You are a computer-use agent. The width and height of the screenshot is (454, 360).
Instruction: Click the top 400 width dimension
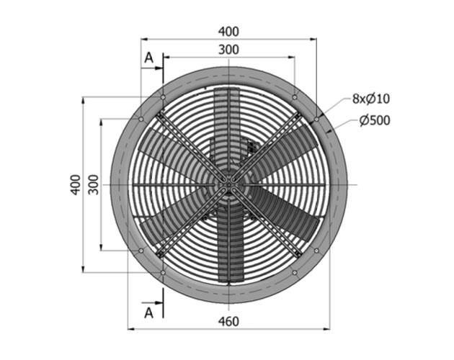[228, 31]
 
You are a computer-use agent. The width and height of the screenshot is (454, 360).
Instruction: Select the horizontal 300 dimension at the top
[228, 50]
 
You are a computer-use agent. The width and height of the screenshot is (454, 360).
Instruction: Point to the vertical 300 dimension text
[92, 185]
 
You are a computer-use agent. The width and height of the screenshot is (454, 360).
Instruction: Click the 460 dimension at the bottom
[228, 321]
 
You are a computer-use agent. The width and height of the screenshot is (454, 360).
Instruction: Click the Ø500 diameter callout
[375, 120]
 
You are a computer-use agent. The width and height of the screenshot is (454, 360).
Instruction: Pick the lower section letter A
[148, 312]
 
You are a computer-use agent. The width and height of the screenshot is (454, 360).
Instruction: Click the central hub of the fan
[228, 185]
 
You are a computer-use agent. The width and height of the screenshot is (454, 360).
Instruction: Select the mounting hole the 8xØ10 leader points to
[317, 119]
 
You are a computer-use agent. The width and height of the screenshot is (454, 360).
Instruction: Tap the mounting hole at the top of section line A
[164, 96]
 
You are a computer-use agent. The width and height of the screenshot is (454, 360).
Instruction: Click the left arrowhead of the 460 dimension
[131, 330]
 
